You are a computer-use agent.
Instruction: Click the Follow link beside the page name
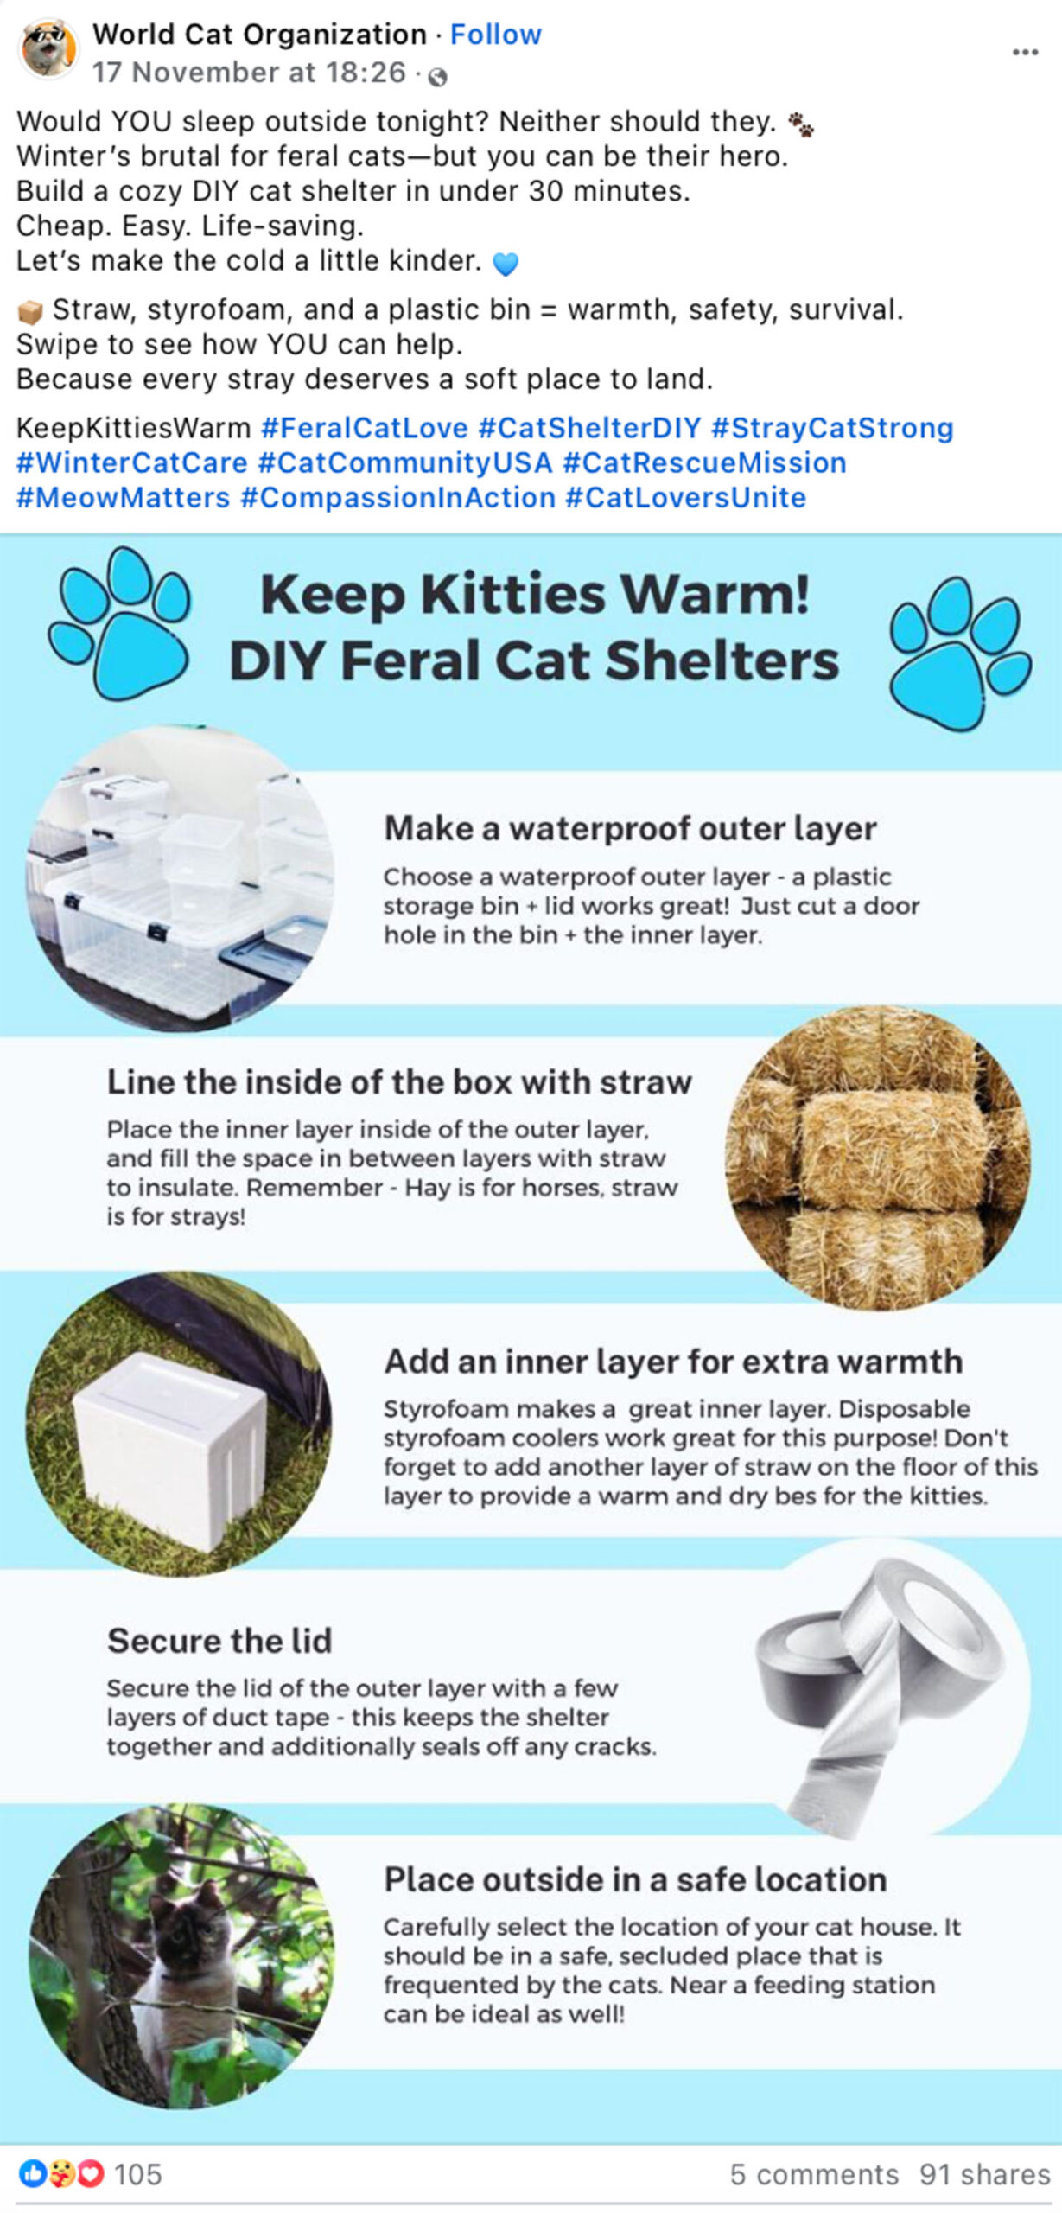[495, 35]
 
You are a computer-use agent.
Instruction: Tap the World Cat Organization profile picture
[48, 48]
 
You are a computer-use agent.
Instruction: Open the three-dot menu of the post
[1025, 53]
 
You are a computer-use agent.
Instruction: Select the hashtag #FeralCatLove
[364, 428]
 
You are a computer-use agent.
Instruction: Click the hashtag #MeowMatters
[124, 498]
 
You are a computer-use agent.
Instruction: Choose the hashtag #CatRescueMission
[704, 463]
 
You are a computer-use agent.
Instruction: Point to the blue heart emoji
[506, 263]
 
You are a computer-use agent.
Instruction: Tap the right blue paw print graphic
[960, 654]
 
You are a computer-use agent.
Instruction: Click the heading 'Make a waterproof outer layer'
[630, 828]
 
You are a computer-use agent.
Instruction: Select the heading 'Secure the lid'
[219, 1640]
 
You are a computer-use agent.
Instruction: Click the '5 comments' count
[814, 2174]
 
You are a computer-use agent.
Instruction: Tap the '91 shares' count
[984, 2174]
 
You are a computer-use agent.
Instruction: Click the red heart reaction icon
[91, 2173]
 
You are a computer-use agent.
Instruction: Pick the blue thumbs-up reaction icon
[33, 2173]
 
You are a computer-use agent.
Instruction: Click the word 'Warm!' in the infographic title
[715, 595]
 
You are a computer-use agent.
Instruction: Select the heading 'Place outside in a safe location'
[635, 1879]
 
